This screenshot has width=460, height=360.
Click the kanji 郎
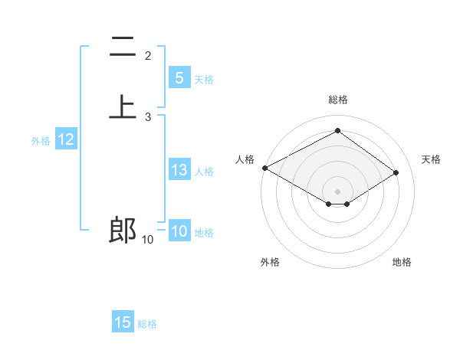[123, 231]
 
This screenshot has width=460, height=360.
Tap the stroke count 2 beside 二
[148, 56]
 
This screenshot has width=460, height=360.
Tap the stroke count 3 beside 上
[148, 117]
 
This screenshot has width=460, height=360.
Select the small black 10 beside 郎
[147, 240]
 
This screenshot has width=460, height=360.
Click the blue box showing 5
[179, 77]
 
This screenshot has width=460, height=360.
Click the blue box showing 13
[179, 170]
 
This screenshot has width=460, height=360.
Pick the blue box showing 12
[66, 139]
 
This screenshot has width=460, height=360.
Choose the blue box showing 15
[123, 322]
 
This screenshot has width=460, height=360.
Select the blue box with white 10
[179, 231]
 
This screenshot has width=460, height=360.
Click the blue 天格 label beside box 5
[204, 79]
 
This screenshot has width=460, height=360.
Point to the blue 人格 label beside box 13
[204, 172]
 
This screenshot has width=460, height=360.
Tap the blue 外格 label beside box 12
[41, 141]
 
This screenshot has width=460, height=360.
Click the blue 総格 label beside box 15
[147, 324]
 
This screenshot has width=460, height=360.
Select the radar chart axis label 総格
[337, 100]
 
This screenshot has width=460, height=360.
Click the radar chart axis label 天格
[432, 159]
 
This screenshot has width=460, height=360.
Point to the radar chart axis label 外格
[270, 263]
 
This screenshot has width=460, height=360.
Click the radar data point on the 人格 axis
[264, 168]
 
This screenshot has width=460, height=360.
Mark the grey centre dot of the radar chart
[337, 191]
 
